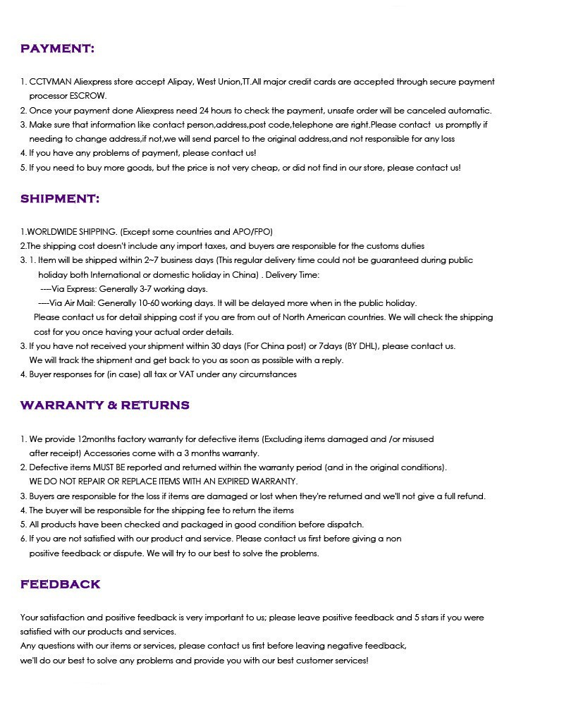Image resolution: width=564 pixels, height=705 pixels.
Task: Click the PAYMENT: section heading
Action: point(57,49)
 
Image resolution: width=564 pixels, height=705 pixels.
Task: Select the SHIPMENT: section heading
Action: point(60,199)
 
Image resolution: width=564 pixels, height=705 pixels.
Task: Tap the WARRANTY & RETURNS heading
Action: point(105,405)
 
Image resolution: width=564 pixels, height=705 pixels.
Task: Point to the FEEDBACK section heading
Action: point(61,584)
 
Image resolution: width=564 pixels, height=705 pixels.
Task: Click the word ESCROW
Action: point(88,96)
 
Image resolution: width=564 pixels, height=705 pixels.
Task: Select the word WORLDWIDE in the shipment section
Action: point(52,232)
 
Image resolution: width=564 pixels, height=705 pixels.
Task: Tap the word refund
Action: point(470,496)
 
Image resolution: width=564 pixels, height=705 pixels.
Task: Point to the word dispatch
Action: point(345,525)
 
